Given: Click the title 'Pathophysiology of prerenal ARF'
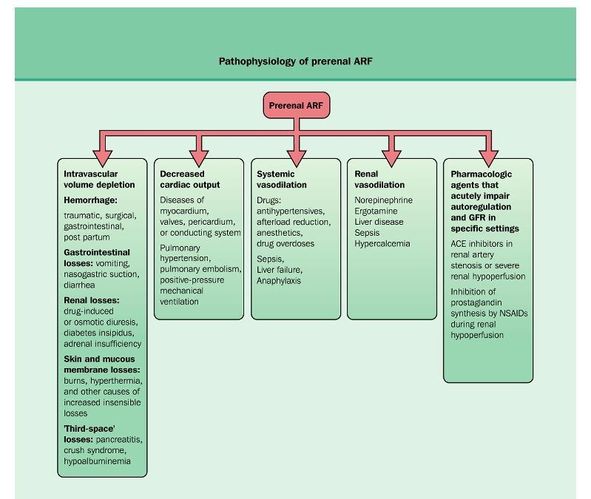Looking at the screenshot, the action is (x=296, y=61).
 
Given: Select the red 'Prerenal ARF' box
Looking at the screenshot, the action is (x=297, y=105).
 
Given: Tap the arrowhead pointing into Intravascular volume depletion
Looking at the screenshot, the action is (x=103, y=158).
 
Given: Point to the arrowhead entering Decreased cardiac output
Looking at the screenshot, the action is (x=199, y=158).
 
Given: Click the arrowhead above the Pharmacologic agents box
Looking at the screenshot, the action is (x=489, y=158).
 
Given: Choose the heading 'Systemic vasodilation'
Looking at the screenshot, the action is (x=282, y=179).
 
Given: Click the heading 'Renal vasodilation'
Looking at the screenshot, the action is (x=379, y=179).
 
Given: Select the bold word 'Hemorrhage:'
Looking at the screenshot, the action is (x=90, y=200).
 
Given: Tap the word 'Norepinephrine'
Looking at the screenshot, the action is (x=383, y=200).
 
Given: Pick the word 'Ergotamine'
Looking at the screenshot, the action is (x=376, y=211).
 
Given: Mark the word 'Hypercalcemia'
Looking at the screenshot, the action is (x=382, y=244).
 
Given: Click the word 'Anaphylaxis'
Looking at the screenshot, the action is (x=279, y=281).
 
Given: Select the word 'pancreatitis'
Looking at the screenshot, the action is (x=119, y=440).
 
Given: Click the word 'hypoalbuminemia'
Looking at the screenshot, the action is (x=97, y=461).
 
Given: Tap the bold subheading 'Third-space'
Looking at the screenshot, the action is (x=90, y=429).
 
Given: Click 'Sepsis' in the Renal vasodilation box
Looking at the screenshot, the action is (x=367, y=233).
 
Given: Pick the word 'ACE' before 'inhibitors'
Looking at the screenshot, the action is (x=459, y=244).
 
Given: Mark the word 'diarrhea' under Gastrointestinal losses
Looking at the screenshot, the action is (x=79, y=285).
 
